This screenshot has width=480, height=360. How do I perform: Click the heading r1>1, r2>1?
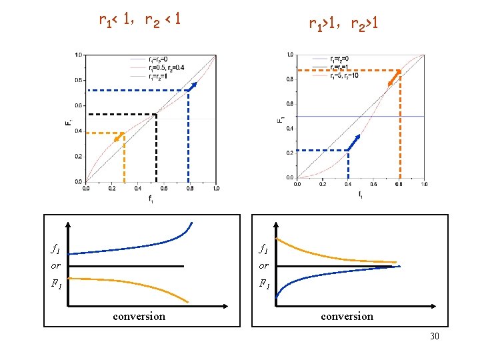344,25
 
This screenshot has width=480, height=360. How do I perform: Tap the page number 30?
435,337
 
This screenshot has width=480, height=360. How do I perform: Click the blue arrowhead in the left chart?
194,85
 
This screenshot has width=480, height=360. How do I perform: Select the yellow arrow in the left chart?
120,137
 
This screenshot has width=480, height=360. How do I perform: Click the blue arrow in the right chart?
354,142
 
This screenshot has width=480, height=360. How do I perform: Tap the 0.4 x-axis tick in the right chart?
348,185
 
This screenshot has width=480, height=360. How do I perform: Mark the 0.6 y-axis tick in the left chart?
79,106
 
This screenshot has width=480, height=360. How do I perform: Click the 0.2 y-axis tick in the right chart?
289,153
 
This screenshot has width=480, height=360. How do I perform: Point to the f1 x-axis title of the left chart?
151,199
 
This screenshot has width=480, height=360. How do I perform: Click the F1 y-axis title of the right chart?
280,120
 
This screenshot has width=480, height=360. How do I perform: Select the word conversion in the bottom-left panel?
139,317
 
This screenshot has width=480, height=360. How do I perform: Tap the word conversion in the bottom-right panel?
347,317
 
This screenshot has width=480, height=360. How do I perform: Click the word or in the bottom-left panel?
55,266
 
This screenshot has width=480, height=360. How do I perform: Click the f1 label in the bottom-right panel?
264,249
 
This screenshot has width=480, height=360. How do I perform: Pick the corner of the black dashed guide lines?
156,115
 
